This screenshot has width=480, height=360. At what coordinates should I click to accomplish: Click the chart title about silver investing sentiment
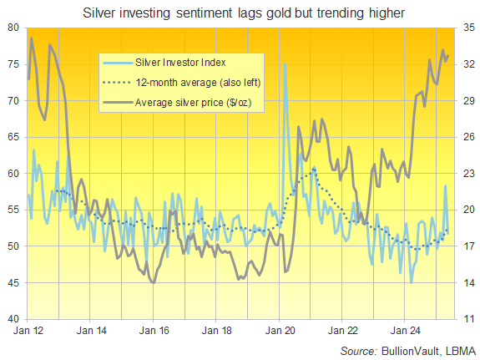click(240, 13)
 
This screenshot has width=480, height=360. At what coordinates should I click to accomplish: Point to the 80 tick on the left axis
click(14, 28)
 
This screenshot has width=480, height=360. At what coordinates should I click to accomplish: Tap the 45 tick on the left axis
click(14, 282)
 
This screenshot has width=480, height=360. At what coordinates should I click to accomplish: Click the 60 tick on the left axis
click(14, 173)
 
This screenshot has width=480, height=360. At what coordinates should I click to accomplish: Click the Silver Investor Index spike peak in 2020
click(285, 64)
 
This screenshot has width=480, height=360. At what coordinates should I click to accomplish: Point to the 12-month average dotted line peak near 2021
click(314, 169)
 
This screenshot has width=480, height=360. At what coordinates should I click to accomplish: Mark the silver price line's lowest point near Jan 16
click(153, 283)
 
